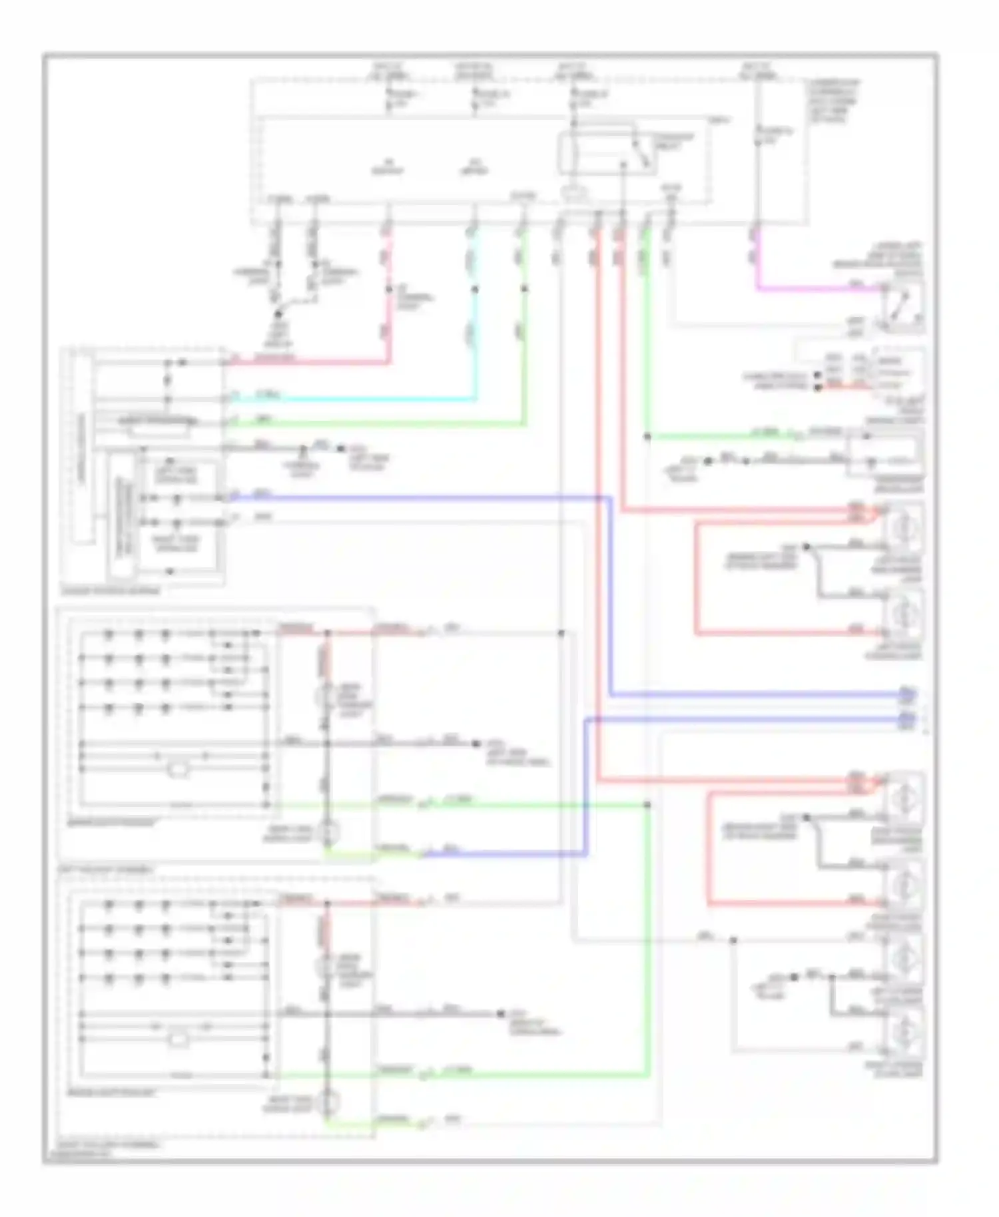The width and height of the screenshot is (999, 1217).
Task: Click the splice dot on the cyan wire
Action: pos(475,290)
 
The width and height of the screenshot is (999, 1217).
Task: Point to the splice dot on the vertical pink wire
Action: pos(389,290)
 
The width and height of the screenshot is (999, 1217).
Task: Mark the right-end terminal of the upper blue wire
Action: pos(907,696)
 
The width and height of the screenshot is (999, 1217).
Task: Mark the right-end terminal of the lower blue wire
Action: pos(907,719)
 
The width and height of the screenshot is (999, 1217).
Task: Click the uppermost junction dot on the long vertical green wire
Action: pos(647,437)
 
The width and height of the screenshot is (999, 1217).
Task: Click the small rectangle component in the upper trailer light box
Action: pos(178,770)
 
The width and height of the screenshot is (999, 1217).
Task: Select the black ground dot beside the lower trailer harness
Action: pos(501,1014)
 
